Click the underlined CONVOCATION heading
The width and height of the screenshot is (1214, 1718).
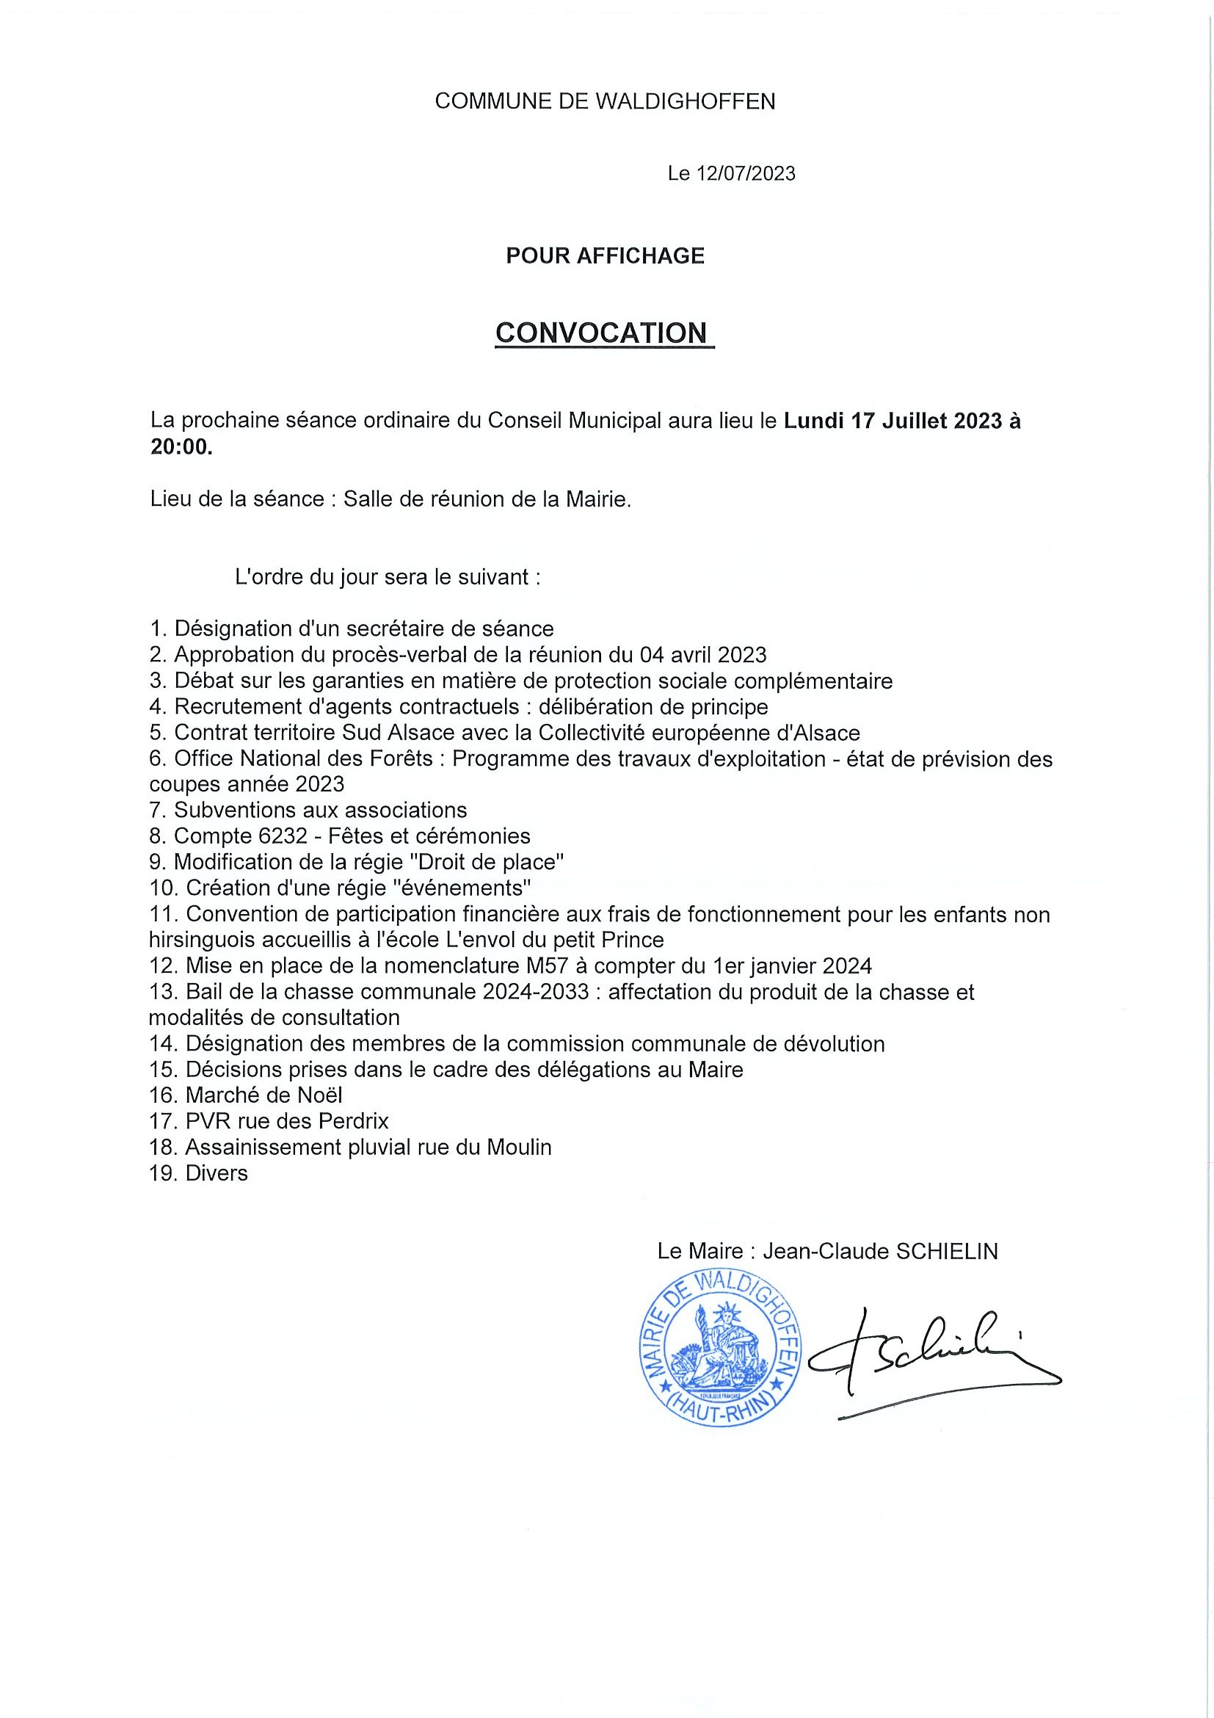click(x=602, y=333)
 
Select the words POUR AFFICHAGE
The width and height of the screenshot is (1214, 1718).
click(x=605, y=256)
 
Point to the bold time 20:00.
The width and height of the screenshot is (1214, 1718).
click(x=181, y=446)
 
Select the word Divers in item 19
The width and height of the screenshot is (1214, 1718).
click(x=217, y=1173)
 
